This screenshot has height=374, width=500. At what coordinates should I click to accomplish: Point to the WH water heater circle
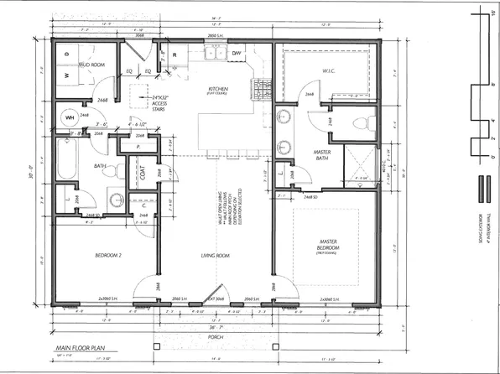(70, 118)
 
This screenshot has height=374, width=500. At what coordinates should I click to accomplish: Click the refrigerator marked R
(175, 55)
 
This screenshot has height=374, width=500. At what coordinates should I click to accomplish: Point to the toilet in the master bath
(362, 124)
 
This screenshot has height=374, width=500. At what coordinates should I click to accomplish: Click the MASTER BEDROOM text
(328, 249)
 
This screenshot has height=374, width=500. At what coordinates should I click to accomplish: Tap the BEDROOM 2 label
(93, 255)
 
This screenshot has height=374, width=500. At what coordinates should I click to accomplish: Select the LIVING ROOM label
(215, 255)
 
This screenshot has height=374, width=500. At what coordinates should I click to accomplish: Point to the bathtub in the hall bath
(69, 158)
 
